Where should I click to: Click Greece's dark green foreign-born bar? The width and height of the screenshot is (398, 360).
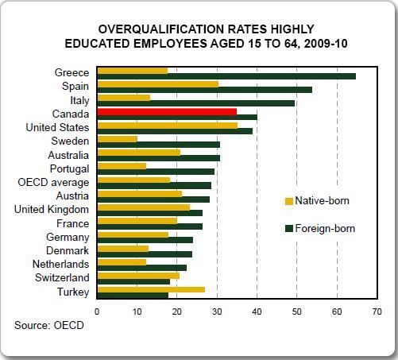pyautogui.click(x=226, y=76)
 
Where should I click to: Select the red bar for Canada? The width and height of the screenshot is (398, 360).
pyautogui.click(x=167, y=111)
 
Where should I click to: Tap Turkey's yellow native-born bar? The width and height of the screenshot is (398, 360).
pyautogui.click(x=151, y=289)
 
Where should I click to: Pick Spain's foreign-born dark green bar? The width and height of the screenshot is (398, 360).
pyautogui.click(x=205, y=90)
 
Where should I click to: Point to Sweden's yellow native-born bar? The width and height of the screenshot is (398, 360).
pyautogui.click(x=118, y=139)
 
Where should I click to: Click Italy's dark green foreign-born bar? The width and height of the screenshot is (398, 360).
pyautogui.click(x=196, y=103)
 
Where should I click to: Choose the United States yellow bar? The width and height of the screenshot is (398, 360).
pyautogui.click(x=168, y=126)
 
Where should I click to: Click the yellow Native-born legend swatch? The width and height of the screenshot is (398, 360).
pyautogui.click(x=289, y=201)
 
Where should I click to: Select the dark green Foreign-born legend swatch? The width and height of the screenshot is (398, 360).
pyautogui.click(x=289, y=229)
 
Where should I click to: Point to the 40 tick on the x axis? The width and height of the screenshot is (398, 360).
pyautogui.click(x=257, y=312)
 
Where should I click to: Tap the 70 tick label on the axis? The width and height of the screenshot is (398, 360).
pyautogui.click(x=377, y=312)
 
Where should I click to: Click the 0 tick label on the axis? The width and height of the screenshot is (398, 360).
pyautogui.click(x=97, y=312)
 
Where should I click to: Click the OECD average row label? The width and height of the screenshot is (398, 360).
pyautogui.click(x=53, y=183)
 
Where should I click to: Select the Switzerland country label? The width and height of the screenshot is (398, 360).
pyautogui.click(x=62, y=277)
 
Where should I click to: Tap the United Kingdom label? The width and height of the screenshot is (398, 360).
pyautogui.click(x=52, y=210)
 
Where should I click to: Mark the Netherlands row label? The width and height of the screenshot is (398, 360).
pyautogui.click(x=60, y=264)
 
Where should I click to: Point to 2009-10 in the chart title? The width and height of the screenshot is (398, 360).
pyautogui.click(x=326, y=44)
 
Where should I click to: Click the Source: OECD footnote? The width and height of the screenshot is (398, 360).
pyautogui.click(x=49, y=325)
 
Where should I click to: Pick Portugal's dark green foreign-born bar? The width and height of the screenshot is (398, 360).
pyautogui.click(x=156, y=172)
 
